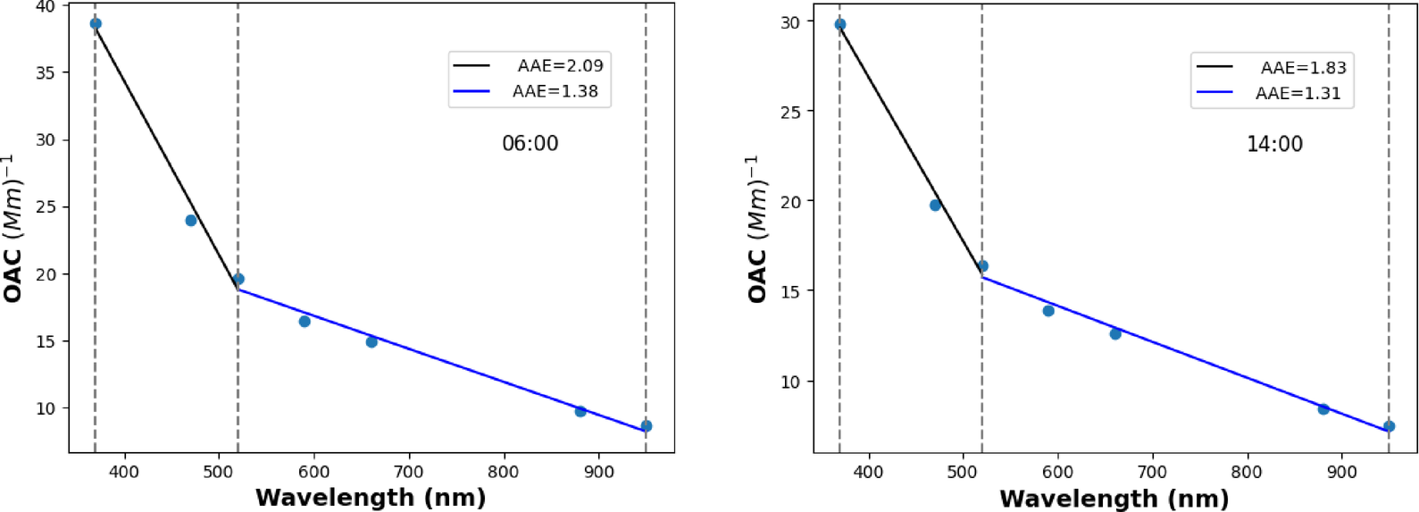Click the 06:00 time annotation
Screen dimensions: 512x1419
tap(530, 144)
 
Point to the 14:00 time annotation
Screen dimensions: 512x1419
tap(1274, 145)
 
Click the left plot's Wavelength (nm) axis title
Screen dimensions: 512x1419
tap(371, 497)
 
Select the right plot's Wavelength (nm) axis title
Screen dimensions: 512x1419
tap(1114, 498)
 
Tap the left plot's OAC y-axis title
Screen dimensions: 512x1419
tap(13, 229)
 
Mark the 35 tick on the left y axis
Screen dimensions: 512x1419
tap(46, 73)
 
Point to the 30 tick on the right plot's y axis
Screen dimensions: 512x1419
tap(790, 22)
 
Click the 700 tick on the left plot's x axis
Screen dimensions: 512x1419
tap(409, 471)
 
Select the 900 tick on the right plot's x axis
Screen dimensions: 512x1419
tap(1342, 472)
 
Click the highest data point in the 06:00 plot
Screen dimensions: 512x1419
tap(96, 24)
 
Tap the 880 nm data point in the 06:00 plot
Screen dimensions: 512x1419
tap(580, 411)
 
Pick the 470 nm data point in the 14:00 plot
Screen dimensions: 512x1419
tap(935, 206)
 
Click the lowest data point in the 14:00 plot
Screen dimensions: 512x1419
tap(1389, 426)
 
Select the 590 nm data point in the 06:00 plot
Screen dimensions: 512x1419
tap(305, 322)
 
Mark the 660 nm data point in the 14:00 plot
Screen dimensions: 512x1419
tap(1115, 334)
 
